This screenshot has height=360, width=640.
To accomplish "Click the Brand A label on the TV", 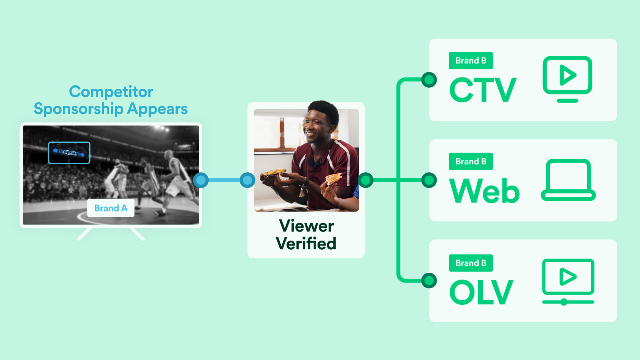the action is [110, 208].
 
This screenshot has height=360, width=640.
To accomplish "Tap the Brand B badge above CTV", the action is [471, 60].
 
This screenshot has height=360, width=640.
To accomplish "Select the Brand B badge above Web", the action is [471, 161].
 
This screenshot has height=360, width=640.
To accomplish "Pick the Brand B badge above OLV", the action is [471, 263].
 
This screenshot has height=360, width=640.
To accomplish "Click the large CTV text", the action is [483, 90].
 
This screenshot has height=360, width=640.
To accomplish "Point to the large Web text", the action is [484, 191].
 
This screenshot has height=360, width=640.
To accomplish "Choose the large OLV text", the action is [482, 292].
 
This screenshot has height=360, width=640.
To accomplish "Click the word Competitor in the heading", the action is [111, 92].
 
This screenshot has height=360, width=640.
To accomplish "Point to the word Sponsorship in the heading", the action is [79, 109].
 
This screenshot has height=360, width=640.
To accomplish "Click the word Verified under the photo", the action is [306, 243].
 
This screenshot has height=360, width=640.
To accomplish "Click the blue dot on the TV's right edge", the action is [201, 180].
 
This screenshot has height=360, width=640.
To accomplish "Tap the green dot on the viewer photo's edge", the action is [366, 180].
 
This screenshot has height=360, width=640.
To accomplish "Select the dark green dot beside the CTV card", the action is [429, 80].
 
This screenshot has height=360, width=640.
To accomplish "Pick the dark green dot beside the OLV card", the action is [429, 281].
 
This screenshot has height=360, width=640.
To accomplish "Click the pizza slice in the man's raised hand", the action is [333, 178].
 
